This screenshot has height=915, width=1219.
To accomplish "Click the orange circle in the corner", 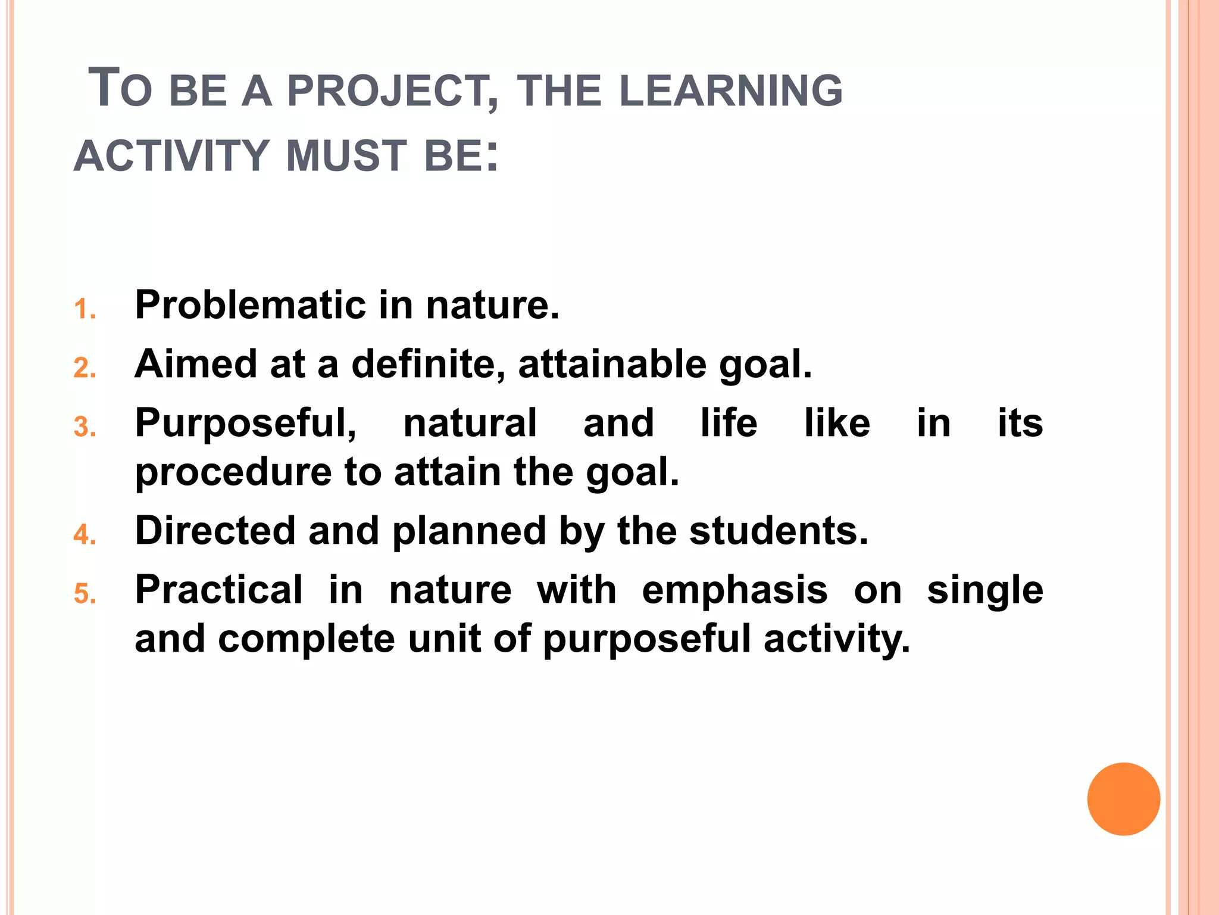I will [1123, 799].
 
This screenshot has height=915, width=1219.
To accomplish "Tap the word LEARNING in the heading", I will [731, 91].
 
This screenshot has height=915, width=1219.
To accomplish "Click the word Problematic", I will [249, 305].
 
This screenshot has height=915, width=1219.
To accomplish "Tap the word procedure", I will [233, 472].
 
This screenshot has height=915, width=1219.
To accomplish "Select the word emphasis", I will [734, 590].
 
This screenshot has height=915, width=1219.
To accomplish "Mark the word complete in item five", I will [307, 639].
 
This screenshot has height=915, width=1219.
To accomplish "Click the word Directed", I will [215, 531].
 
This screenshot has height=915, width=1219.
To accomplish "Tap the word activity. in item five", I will [837, 640].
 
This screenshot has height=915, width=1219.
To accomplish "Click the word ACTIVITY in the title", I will [172, 156].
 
